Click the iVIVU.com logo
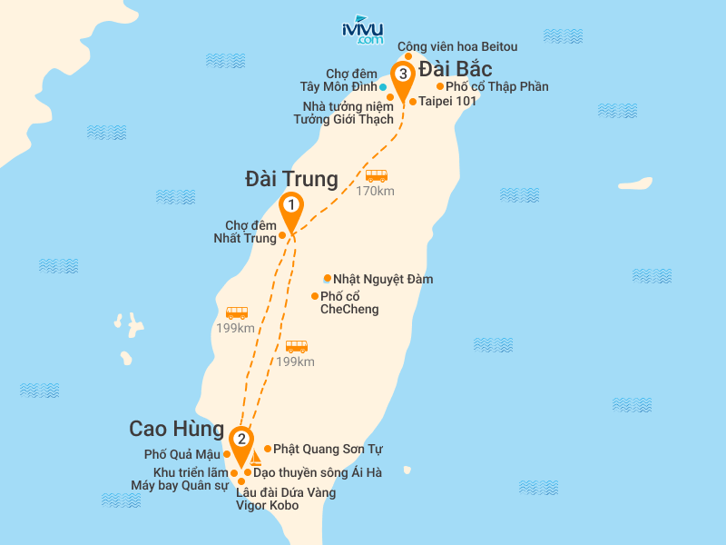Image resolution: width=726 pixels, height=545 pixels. tap(361, 32)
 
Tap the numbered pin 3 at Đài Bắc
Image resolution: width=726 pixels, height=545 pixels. tap(402, 74)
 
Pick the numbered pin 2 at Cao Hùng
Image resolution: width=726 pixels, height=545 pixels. tap(241, 440)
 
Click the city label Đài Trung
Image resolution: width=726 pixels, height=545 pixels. tap(291, 179)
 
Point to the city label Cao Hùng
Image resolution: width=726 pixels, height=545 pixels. tap(176, 428)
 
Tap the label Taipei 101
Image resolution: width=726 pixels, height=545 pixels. tap(447, 101)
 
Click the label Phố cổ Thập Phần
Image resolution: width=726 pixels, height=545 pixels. tap(497, 86)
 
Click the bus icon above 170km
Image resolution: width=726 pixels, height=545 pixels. tap(377, 175)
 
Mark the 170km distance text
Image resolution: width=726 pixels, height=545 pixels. tap(375, 191)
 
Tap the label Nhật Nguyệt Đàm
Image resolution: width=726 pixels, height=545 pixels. tap(383, 279)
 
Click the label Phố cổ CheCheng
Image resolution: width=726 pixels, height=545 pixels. tap(349, 302)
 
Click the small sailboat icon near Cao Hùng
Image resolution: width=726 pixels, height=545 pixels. tap(256, 458)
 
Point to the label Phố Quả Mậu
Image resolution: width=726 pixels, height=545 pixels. tap(181, 454)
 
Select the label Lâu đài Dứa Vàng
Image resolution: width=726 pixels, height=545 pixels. tap(286, 492)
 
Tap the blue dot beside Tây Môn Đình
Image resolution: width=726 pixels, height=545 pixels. tap(383, 87)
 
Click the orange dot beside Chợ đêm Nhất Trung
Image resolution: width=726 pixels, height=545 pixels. tap(282, 235)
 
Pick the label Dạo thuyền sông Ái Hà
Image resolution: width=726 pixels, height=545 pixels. tap(318, 472)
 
